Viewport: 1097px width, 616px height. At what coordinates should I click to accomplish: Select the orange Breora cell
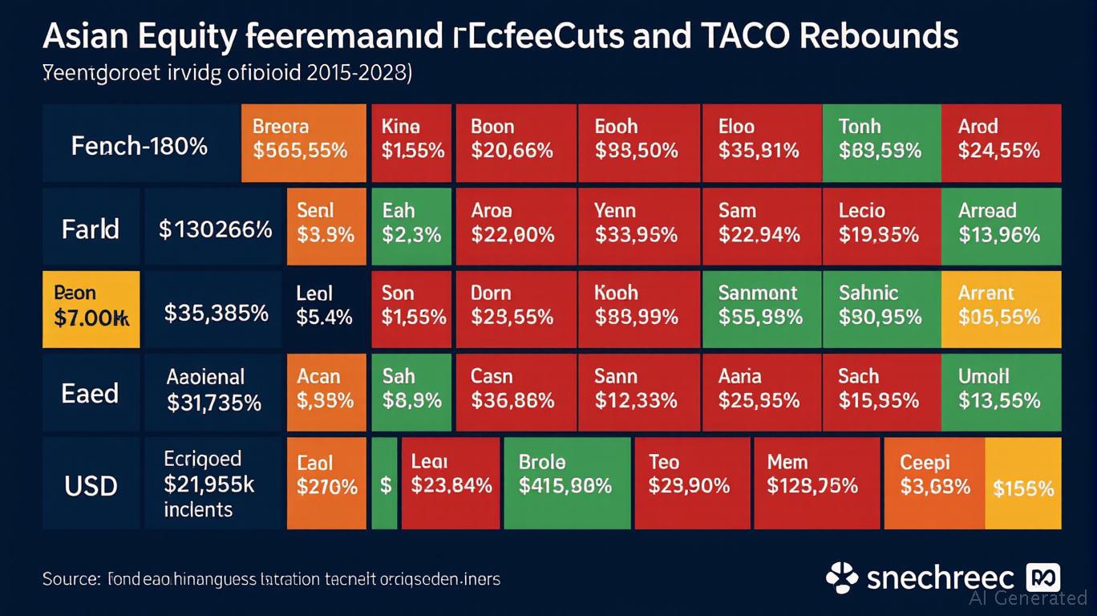click(304, 143)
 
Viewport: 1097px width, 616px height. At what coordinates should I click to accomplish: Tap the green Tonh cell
click(880, 143)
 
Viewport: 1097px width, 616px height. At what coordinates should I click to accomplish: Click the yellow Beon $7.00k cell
click(91, 309)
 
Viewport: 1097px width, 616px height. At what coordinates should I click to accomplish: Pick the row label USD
click(91, 485)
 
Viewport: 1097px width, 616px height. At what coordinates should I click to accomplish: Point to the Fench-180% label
click(140, 146)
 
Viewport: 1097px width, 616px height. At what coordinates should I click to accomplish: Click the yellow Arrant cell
click(1001, 309)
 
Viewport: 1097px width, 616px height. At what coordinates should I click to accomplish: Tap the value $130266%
click(215, 230)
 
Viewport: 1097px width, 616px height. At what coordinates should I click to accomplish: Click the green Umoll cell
click(1001, 392)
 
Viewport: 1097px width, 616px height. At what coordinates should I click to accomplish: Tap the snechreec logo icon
click(842, 577)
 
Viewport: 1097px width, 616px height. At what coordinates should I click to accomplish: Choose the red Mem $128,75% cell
click(816, 482)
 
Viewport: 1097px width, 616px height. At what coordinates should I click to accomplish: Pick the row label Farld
click(91, 229)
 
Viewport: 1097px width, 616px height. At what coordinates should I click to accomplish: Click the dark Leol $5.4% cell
click(326, 309)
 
